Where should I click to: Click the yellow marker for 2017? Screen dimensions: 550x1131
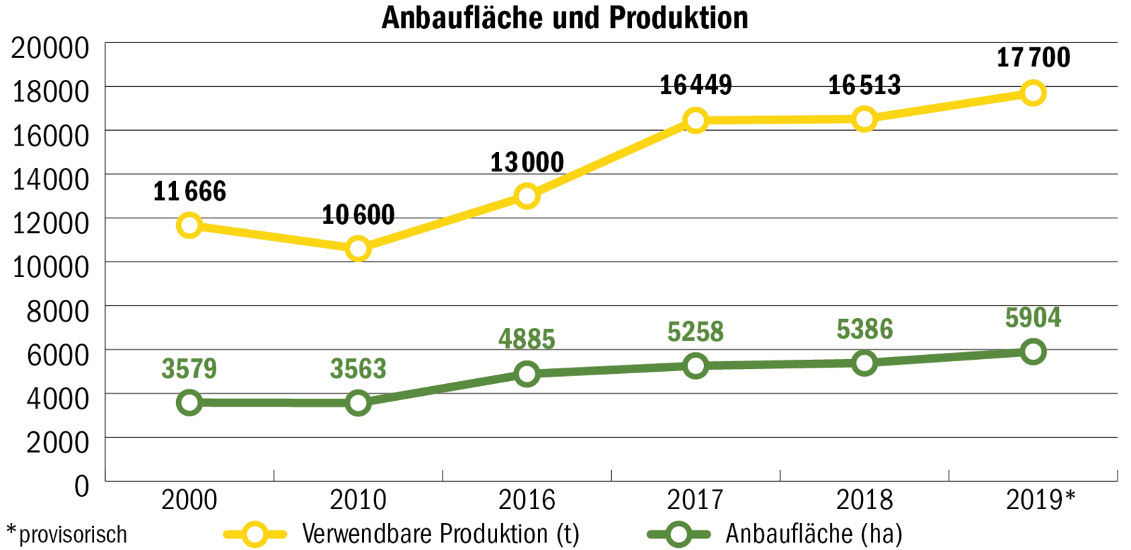[x=696, y=120]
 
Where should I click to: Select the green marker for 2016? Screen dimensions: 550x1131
[x=527, y=373]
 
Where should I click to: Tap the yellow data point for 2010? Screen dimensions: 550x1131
[x=358, y=249]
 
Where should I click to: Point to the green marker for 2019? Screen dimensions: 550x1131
[x=1033, y=351]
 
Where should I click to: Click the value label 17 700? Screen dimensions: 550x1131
[x=1033, y=57]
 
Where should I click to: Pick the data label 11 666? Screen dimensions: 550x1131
[x=189, y=191]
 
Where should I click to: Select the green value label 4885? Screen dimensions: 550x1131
[x=527, y=339]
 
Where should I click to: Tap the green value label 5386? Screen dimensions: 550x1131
[x=865, y=329]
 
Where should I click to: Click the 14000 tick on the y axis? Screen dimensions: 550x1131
[x=51, y=179]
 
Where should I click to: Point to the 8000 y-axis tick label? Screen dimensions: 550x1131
[x=58, y=311]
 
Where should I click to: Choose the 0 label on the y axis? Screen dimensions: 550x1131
[x=82, y=486]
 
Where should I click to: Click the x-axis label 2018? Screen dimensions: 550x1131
[x=865, y=500]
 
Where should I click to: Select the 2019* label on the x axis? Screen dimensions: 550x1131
[x=1040, y=500]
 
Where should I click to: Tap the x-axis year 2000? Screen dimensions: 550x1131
[x=189, y=500]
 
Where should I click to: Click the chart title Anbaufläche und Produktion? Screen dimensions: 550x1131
[x=565, y=18]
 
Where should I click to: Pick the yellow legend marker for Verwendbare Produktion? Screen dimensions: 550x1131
[x=254, y=534]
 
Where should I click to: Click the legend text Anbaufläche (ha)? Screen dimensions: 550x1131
[x=814, y=534]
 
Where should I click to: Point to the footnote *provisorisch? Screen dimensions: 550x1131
[x=66, y=534]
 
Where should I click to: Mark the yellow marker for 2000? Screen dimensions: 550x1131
[x=189, y=226]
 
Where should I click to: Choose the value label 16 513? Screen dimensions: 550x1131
[x=865, y=85]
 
